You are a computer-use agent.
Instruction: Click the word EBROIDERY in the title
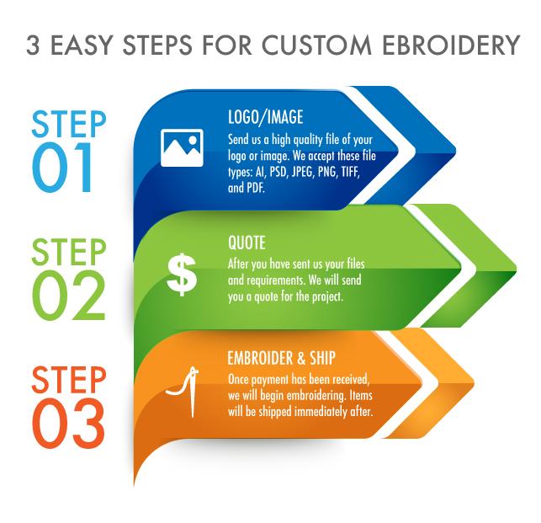pos(451,45)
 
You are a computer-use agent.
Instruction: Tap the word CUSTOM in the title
pos(316,45)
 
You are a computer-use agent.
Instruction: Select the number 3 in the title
pos(33,45)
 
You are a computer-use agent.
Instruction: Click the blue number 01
pos(62,168)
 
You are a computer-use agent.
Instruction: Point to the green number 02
pos(69,295)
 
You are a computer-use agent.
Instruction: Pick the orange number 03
pos(68,424)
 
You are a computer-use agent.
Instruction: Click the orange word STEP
pos(69,380)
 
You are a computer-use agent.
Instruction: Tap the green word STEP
pos(69,252)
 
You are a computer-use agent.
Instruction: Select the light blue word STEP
pos(69,124)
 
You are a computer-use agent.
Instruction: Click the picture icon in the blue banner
pos(182,148)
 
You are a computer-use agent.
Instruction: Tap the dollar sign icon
pos(182,275)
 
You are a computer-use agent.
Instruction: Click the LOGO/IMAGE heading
pos(265,117)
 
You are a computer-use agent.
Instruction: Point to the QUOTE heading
pos(247,243)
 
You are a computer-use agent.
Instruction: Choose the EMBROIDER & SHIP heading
pos(281,358)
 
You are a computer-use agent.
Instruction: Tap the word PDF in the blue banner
pos(256,188)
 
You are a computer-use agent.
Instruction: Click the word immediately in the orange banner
pos(321,412)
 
